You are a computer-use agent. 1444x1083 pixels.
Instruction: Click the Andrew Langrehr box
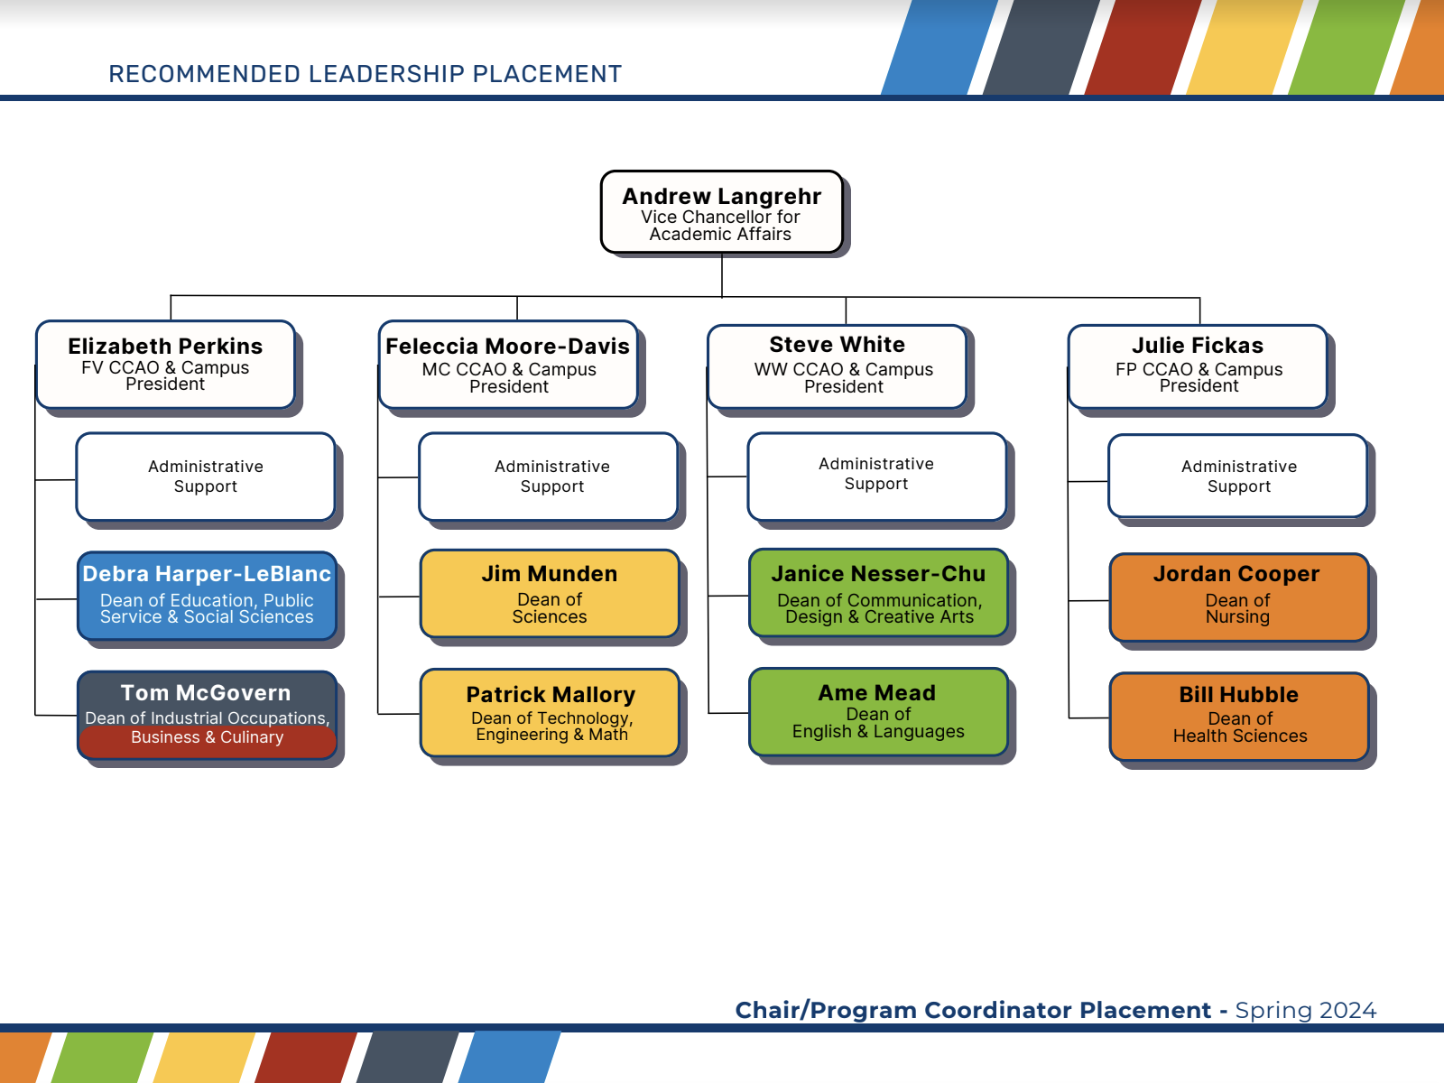(721, 212)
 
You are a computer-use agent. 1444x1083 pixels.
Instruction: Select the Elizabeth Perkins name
(165, 347)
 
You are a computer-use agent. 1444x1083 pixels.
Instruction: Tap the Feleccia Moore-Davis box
(508, 365)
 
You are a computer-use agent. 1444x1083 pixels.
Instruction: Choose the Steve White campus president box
(837, 366)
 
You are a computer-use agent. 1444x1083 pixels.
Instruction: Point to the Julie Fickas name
(1198, 346)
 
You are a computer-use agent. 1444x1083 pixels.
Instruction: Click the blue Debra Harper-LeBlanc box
(207, 596)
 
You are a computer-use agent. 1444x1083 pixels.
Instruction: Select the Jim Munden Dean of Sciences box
(549, 594)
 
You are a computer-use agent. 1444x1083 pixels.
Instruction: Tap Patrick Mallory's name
(551, 695)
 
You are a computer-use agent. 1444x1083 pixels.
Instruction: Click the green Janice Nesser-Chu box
(878, 594)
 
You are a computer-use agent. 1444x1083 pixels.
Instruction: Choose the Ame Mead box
(877, 712)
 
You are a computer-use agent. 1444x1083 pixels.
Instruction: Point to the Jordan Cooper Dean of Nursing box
(1237, 597)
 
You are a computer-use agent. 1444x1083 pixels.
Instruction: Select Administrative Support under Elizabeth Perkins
(206, 477)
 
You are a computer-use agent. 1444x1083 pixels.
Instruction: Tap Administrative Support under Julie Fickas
(1238, 477)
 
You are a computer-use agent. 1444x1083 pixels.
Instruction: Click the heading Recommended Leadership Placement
(365, 74)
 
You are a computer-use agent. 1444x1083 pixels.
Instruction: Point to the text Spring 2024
(1305, 1010)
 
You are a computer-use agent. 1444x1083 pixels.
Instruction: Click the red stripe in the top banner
(1143, 47)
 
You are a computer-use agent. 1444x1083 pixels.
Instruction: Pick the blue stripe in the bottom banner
(510, 1057)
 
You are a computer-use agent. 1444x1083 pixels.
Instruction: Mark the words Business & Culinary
(207, 737)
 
